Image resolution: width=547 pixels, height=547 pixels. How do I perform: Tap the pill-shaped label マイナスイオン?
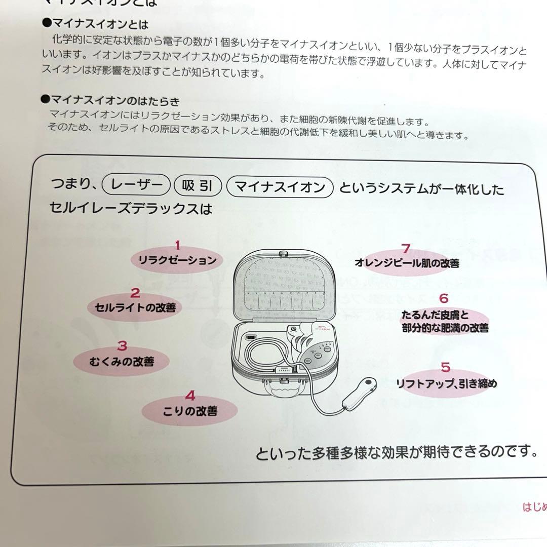tap(280, 187)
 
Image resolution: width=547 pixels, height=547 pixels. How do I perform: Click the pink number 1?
tap(177, 246)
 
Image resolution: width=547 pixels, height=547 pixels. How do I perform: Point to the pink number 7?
tap(405, 249)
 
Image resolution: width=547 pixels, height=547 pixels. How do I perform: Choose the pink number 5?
tap(445, 367)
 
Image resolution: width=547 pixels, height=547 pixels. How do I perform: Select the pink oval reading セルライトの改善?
tap(135, 307)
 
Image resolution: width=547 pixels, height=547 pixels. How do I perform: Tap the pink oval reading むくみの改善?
tap(122, 362)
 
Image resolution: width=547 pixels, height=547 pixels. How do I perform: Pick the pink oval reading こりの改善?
tap(190, 411)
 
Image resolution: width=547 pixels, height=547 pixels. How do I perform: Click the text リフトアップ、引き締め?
tap(446, 383)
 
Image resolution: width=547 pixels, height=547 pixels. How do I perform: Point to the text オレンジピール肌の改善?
tap(407, 263)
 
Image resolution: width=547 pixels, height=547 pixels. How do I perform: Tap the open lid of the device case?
tap(284, 286)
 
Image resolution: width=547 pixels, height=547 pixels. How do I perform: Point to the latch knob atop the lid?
tap(284, 252)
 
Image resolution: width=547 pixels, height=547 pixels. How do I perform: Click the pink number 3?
tap(122, 346)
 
